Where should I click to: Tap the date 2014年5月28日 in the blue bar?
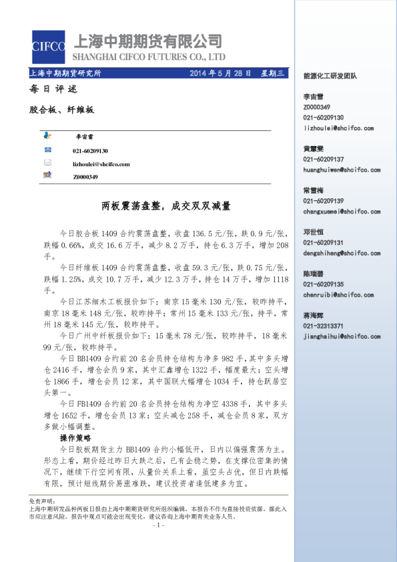point(220,73)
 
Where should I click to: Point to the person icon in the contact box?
point(47,135)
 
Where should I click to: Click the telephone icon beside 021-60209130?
point(47,152)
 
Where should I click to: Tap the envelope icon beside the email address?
point(47,163)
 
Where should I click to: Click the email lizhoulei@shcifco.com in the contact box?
point(101,164)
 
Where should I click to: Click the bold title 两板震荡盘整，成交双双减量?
point(165,206)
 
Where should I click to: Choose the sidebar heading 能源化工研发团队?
point(330,76)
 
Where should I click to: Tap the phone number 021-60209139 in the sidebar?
point(324,201)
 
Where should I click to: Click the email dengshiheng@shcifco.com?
point(340,253)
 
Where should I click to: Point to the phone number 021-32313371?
point(324,326)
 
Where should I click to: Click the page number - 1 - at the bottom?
point(158,525)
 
